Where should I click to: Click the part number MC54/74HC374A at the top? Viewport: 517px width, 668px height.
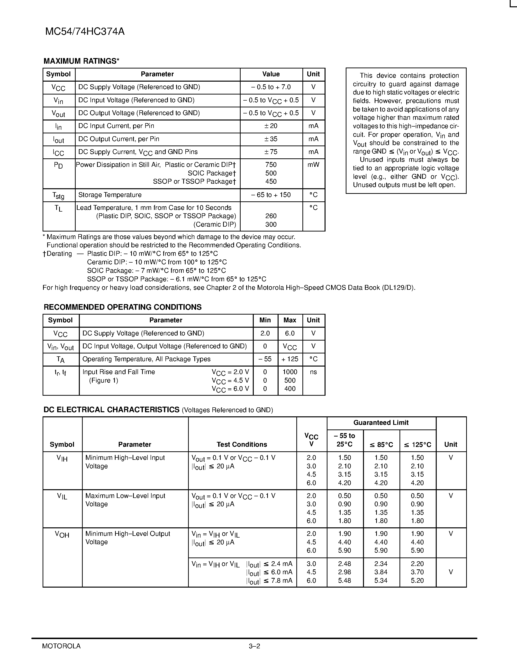tap(85, 32)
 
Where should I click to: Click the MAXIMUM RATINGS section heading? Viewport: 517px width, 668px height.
tap(81, 61)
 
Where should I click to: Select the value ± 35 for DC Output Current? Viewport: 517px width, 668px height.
tap(271, 139)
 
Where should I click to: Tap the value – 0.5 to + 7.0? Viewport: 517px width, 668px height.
tap(271, 87)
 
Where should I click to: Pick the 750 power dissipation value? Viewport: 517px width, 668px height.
tap(271, 165)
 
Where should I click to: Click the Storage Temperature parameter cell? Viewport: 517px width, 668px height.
tap(110, 195)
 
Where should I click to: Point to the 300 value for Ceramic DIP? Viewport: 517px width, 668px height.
tap(271, 224)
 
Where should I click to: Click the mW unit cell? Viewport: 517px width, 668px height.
tap(313, 165)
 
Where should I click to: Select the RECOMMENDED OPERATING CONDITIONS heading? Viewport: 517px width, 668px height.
tap(123, 307)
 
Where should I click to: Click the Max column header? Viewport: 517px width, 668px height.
tap(290, 320)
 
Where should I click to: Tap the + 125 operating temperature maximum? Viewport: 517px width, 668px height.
tap(290, 359)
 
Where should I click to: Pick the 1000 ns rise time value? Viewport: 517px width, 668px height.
tap(290, 372)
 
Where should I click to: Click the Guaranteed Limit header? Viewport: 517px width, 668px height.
tap(381, 423)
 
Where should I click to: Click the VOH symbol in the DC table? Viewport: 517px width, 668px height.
tap(62, 534)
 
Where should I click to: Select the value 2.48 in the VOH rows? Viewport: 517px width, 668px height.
tap(345, 564)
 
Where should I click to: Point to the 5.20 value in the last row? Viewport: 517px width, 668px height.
tap(417, 581)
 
